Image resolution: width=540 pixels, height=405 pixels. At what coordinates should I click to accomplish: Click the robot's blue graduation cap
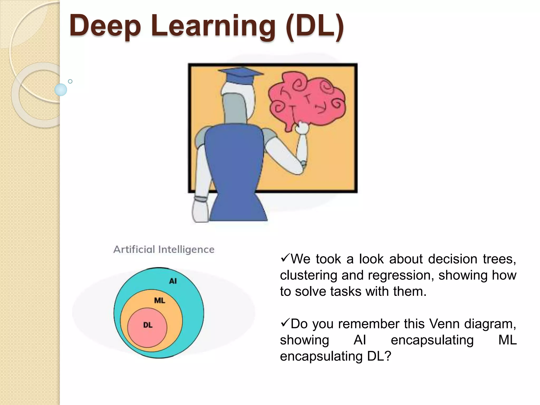tap(241, 75)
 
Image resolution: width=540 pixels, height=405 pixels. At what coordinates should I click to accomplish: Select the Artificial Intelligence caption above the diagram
tap(164, 249)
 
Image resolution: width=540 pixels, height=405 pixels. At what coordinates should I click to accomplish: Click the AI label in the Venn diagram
tap(173, 281)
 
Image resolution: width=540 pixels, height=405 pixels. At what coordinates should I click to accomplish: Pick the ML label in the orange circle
tap(160, 300)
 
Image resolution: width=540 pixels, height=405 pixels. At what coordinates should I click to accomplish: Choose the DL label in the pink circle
tap(148, 325)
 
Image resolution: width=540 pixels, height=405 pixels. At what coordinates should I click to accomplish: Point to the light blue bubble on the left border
tap(61, 90)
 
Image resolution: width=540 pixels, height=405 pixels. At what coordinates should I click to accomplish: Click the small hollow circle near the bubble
tap(70, 81)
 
